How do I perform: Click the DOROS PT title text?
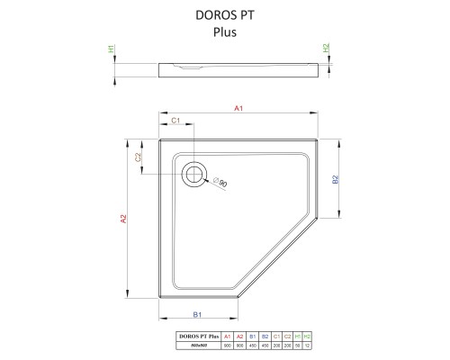(x=224, y=15)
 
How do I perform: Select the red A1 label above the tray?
(x=239, y=109)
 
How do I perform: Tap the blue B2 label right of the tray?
(x=335, y=179)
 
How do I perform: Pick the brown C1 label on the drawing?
(x=176, y=121)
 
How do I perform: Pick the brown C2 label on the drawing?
(x=139, y=157)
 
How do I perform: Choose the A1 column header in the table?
(x=228, y=335)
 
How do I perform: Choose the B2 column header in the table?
(x=265, y=335)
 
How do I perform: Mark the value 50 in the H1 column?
(x=297, y=344)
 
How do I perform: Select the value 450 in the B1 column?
(x=253, y=344)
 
